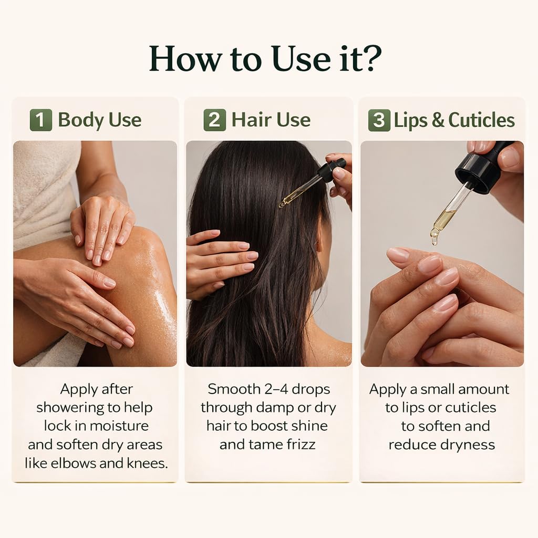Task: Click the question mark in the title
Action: click(x=371, y=58)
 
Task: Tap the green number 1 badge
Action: click(x=41, y=120)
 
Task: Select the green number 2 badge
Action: click(x=215, y=120)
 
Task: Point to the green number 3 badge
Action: click(x=379, y=120)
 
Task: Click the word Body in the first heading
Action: click(x=80, y=120)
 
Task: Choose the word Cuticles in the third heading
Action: click(x=482, y=120)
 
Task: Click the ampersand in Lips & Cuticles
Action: click(x=438, y=120)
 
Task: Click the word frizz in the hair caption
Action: click(x=301, y=444)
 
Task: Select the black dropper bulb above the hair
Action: click(x=331, y=169)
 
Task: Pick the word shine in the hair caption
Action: click(x=309, y=426)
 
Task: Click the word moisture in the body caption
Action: click(x=119, y=426)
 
